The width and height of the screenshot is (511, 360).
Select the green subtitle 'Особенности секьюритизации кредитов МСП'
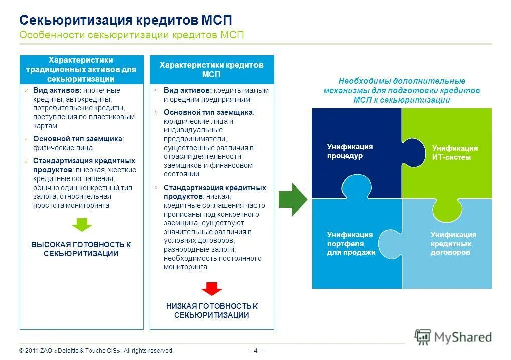coord(132,35)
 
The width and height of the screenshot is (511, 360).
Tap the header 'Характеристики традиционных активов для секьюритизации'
coord(81,70)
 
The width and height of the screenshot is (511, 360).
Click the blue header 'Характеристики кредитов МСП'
coord(211,70)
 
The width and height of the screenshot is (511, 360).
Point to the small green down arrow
coord(81,224)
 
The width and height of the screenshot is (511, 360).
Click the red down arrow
coord(211,289)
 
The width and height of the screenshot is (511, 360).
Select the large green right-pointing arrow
coord(292,199)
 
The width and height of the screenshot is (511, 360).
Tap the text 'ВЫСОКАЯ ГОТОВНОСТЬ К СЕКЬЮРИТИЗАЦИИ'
coord(81,249)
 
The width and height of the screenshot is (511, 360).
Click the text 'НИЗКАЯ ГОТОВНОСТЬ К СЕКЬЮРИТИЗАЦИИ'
coord(211,310)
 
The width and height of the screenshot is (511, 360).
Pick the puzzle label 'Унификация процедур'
coord(350,151)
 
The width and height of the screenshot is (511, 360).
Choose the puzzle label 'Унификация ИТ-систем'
coord(455,153)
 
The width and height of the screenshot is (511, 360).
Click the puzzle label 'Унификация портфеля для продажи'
coord(351,243)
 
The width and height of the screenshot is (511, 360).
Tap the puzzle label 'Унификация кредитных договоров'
coord(453,243)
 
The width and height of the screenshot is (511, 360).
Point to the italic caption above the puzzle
coord(401,90)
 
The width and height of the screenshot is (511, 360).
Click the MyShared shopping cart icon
coord(423,337)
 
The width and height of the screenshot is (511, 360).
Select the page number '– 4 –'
coord(255,350)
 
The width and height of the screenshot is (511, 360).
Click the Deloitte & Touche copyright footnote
coord(96,350)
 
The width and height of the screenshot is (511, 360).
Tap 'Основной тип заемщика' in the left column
coord(78,139)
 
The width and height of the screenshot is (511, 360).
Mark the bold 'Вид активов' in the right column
coord(188,90)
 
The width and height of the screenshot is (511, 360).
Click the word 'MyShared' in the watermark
coord(463,337)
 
